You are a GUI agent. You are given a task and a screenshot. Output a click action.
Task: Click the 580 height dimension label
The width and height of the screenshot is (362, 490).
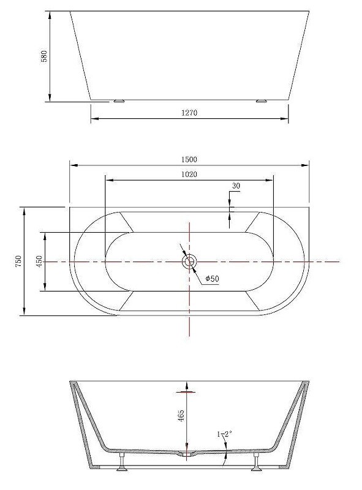pos(44,56)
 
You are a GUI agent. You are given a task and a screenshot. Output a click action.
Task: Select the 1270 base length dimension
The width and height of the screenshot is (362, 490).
pos(189,113)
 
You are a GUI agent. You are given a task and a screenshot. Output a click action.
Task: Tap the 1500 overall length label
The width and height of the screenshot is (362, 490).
pos(189,159)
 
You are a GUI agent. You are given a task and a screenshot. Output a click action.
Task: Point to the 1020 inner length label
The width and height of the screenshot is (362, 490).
pos(189,174)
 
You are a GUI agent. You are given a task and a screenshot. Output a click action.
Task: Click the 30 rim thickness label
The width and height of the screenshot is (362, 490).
pos(236,186)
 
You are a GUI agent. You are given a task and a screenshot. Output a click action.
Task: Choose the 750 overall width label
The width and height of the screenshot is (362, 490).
pos(18,261)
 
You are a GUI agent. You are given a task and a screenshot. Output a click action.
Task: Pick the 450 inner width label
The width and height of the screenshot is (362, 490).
pos(39,262)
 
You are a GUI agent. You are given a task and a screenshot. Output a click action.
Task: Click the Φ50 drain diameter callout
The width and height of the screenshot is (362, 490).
pos(213,279)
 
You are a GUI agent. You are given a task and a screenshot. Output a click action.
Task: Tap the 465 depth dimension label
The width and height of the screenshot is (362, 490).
pos(181,416)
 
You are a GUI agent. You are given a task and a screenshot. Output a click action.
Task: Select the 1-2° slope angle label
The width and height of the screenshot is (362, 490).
pos(224,434)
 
